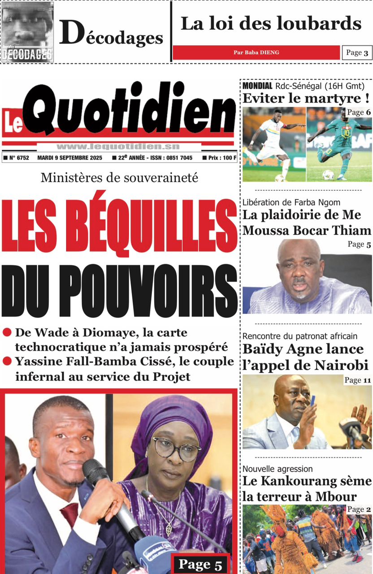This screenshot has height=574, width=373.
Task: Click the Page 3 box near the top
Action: click(x=357, y=53)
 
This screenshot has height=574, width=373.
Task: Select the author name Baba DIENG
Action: click(x=256, y=52)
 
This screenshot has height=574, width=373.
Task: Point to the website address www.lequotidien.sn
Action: click(x=118, y=146)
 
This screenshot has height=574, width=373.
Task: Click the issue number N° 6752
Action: click(x=17, y=158)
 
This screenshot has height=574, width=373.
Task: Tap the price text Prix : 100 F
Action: click(x=219, y=158)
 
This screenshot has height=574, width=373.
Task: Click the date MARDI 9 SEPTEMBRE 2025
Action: click(x=70, y=158)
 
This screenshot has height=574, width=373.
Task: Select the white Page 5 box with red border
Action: click(x=200, y=564)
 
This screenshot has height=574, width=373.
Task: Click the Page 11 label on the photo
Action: click(x=358, y=381)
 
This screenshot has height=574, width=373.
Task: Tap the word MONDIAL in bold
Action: click(x=257, y=86)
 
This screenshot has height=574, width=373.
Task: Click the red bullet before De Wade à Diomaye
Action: click(x=7, y=333)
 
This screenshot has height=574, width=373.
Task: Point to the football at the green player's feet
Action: click(x=328, y=174)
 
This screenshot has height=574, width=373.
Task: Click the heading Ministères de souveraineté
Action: click(x=119, y=178)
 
